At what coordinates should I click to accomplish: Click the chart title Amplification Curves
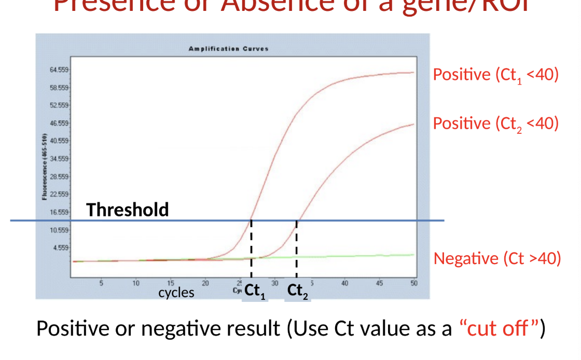pyautogui.click(x=228, y=49)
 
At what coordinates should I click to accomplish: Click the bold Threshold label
pyautogui.click(x=128, y=210)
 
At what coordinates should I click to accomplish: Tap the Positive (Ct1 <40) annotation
pyautogui.click(x=495, y=75)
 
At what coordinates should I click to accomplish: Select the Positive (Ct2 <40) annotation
pyautogui.click(x=495, y=124)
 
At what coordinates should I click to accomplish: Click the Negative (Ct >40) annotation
pyautogui.click(x=497, y=258)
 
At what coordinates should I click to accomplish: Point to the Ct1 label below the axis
pyautogui.click(x=255, y=292)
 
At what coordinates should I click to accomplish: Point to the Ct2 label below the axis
pyautogui.click(x=298, y=292)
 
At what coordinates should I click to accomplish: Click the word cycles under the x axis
pyautogui.click(x=176, y=293)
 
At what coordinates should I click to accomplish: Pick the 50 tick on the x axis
pyautogui.click(x=413, y=283)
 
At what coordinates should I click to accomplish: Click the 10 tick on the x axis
pyautogui.click(x=136, y=283)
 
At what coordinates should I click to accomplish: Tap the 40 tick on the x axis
pyautogui.click(x=344, y=283)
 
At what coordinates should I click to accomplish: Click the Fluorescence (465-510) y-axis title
pyautogui.click(x=45, y=167)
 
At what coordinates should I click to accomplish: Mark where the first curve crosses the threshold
pyautogui.click(x=251, y=220)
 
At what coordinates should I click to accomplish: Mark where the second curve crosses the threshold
pyautogui.click(x=297, y=220)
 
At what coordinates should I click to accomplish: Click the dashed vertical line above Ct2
pyautogui.click(x=297, y=249)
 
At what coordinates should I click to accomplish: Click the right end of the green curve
pyautogui.click(x=413, y=255)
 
